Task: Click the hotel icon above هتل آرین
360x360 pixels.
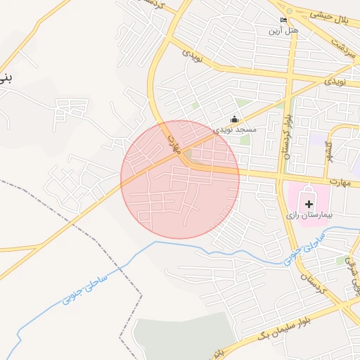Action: click(x=283, y=20)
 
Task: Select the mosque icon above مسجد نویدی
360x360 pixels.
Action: click(x=235, y=119)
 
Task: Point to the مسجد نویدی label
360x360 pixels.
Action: click(x=236, y=130)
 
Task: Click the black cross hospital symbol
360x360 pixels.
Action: click(x=309, y=203)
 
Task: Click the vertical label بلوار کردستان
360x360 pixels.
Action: click(x=286, y=134)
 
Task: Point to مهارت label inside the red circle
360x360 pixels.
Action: click(x=175, y=144)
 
